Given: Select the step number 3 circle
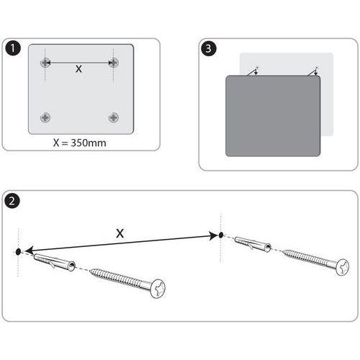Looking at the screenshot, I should (x=208, y=49).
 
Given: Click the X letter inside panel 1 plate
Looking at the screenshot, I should (x=79, y=70).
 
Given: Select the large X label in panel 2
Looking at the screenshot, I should (x=121, y=233).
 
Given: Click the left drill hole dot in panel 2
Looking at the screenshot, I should (x=17, y=253).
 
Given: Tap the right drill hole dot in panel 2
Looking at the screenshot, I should (x=222, y=235).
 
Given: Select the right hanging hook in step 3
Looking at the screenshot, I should (x=312, y=70).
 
